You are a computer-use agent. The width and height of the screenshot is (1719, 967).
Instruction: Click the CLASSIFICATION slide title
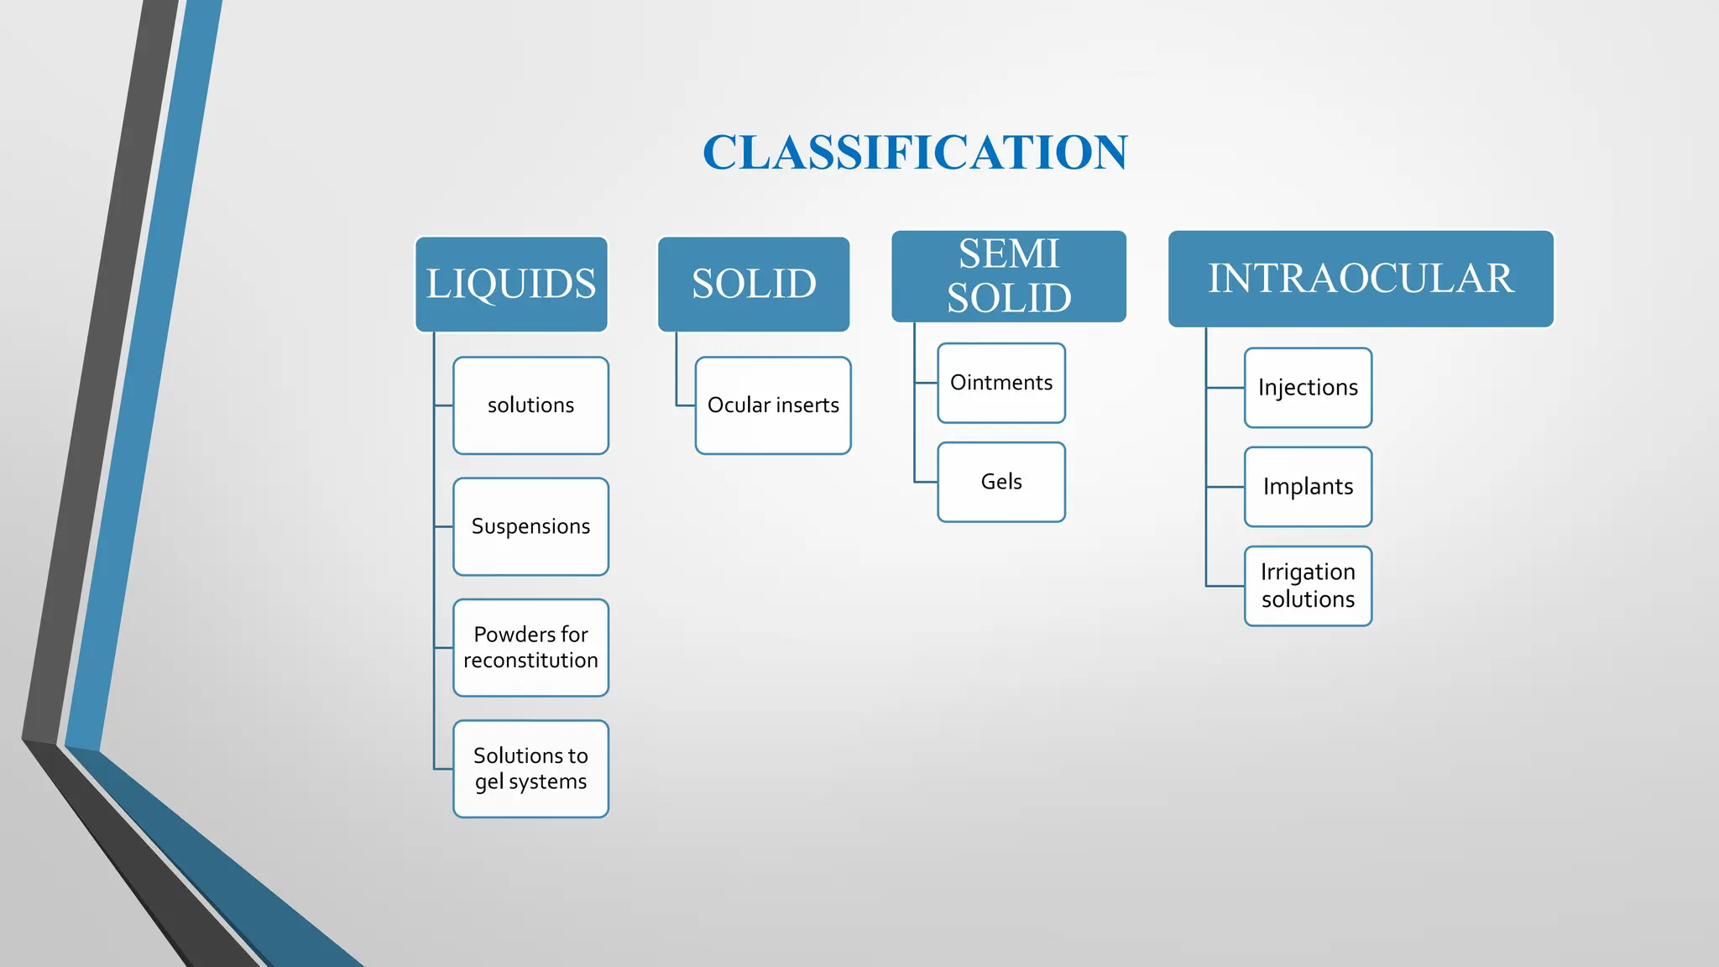[x=915, y=153]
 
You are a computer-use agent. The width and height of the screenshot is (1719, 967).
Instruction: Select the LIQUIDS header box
[x=511, y=284]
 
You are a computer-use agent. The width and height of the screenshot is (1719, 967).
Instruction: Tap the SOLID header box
[x=754, y=284]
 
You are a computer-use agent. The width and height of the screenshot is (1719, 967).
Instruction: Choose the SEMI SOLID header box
[x=1009, y=276]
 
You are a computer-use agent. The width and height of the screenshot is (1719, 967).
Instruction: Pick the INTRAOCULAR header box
[x=1361, y=279]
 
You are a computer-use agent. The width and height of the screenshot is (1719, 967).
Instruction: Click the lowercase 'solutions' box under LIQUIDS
[x=530, y=405]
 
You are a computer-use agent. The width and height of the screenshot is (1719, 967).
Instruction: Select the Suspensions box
[x=530, y=526]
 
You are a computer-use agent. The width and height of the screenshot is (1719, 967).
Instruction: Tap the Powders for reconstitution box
[x=530, y=647]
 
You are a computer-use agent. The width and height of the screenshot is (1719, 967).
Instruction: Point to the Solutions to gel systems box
[x=530, y=768]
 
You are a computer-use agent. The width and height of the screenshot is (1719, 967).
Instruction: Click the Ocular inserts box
[x=773, y=405]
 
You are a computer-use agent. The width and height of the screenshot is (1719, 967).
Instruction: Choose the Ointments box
[x=1001, y=383]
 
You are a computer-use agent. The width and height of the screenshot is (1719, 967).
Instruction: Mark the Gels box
[x=1001, y=482]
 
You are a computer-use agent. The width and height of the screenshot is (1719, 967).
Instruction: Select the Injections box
[x=1308, y=388]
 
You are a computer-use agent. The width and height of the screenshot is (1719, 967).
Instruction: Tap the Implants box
[x=1308, y=487]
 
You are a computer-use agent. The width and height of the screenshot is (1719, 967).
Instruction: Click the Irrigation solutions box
[x=1308, y=586]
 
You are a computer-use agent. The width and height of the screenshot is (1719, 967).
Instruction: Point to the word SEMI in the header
[x=1009, y=254]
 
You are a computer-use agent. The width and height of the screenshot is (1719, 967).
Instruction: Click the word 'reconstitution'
[x=530, y=661]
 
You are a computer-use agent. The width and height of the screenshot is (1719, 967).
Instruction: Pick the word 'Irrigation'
[x=1308, y=572]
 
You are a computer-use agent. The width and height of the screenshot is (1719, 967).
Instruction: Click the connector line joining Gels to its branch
[x=926, y=482]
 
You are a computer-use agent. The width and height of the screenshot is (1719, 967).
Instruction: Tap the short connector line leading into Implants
[x=1225, y=487]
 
